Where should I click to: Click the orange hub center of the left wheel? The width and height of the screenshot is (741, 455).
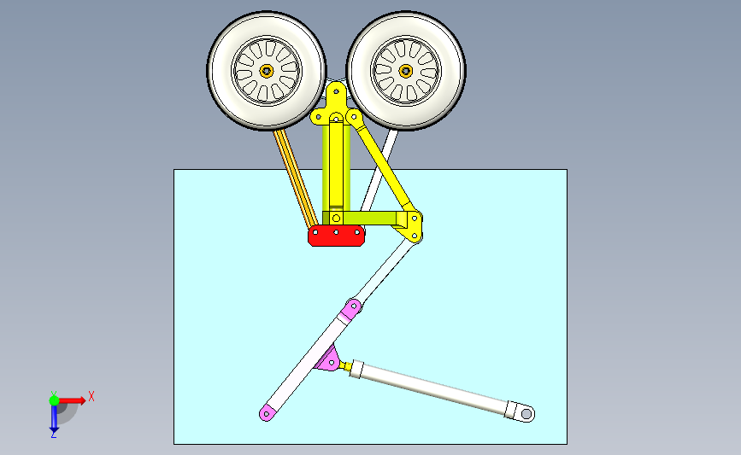(x=267, y=71)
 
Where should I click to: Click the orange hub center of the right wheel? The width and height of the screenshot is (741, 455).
(x=406, y=71)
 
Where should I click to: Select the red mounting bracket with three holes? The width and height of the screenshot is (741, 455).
(x=337, y=236)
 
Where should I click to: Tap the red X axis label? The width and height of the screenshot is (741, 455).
(x=91, y=396)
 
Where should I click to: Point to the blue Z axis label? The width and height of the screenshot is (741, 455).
(x=53, y=435)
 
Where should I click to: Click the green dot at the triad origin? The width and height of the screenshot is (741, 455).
(x=54, y=400)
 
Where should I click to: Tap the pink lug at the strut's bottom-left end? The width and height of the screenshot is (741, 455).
(x=268, y=414)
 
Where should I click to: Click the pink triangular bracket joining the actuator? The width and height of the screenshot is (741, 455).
(x=328, y=362)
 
